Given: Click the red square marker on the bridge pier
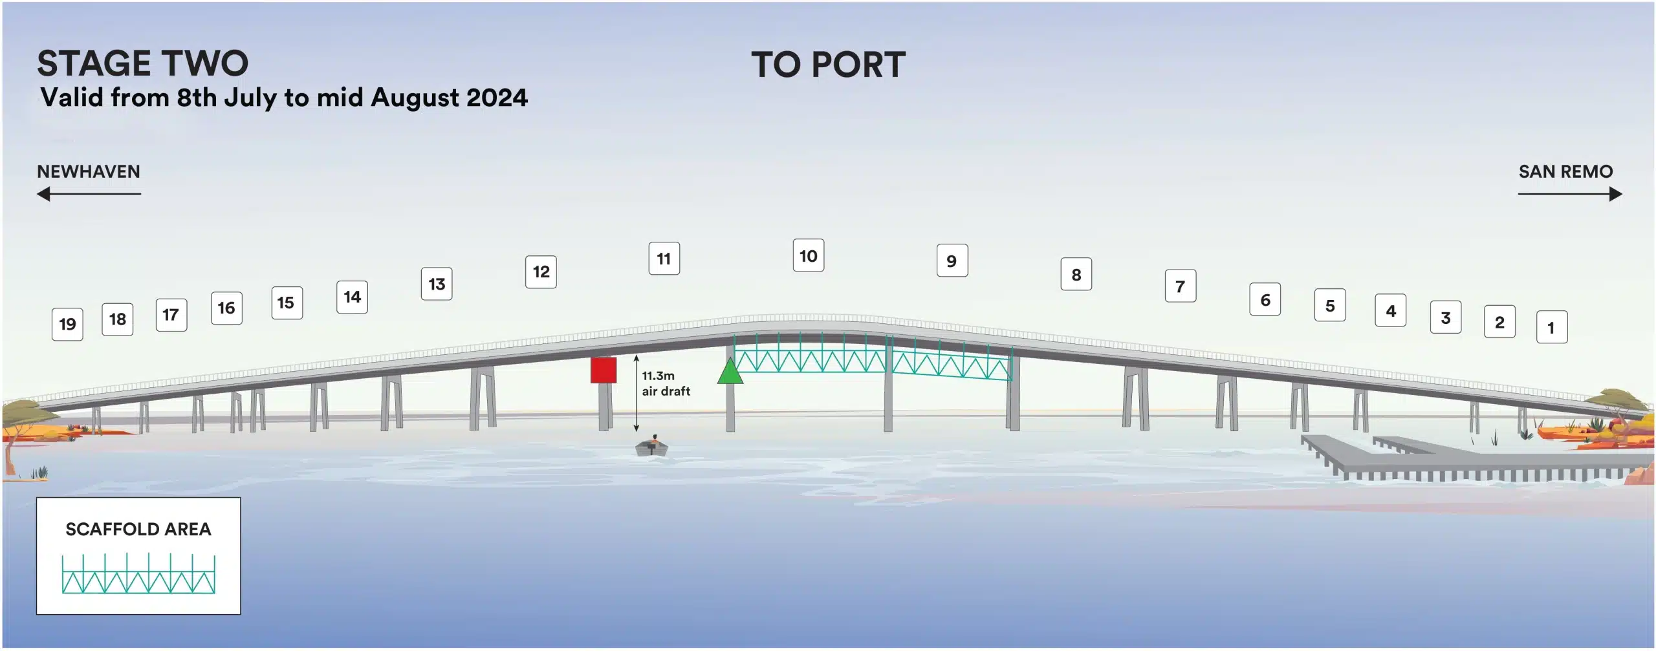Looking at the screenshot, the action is point(603,370).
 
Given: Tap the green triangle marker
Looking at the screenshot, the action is point(730,371).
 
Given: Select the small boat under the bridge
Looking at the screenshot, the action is point(652,446).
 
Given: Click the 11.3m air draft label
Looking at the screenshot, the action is point(666,383).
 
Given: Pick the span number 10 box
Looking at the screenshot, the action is point(809,256).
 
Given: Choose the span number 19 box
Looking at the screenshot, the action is point(67,325).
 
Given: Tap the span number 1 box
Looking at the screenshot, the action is point(1552,327).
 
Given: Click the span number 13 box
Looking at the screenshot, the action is point(437,284).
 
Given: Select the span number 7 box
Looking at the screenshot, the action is point(1181,286).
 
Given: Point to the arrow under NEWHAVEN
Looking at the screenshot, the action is point(89,194).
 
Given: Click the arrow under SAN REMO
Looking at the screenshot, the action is point(1570,194).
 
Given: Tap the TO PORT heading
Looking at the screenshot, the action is point(828,65).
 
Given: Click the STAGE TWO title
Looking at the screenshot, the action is point(142,63).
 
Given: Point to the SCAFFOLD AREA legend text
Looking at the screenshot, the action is point(138,529).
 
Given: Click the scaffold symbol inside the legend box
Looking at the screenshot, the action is point(138,573).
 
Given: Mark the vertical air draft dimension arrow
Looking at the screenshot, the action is point(637,393).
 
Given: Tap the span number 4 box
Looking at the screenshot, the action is point(1391,311).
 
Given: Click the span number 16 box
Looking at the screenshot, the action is point(226,308).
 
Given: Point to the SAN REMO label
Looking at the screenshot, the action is point(1565,171).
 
